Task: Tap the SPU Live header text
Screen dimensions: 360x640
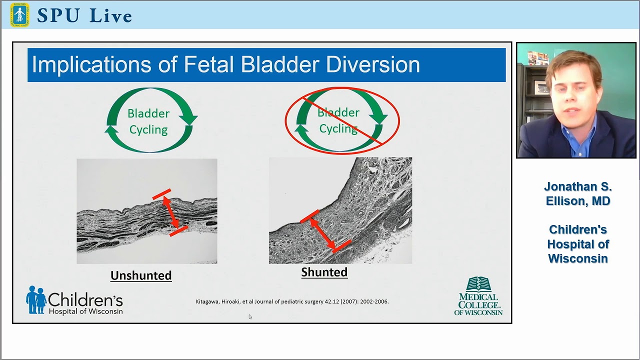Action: pos(84,15)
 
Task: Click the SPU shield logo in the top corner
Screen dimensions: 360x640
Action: pos(19,14)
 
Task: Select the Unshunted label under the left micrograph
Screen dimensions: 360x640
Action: pos(141,275)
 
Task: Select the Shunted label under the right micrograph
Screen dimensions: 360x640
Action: pos(324,272)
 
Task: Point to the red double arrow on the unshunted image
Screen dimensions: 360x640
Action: pos(170,212)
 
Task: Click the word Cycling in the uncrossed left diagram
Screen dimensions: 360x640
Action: pos(148,130)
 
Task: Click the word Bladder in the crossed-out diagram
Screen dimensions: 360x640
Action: pos(338,112)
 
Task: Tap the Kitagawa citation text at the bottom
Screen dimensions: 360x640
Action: pos(292,301)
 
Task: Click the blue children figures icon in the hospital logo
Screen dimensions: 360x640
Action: pos(36,299)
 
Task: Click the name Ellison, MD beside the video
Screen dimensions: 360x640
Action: pos(578,201)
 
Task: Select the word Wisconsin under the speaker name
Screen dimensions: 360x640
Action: pos(578,258)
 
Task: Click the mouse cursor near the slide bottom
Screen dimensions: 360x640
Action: pos(250,316)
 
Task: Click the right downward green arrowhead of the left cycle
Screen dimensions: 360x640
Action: pos(188,118)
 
